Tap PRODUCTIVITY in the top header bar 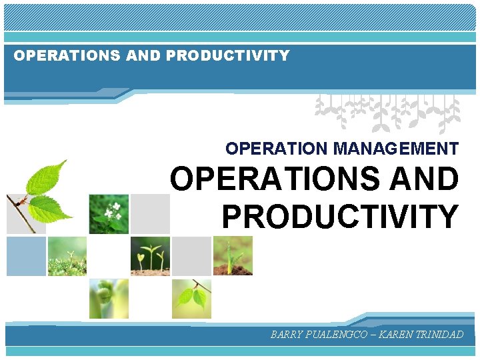tap(228, 56)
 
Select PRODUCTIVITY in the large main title tap(340, 216)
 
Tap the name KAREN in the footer tap(397, 335)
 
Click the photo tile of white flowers tap(109, 214)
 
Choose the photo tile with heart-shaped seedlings tap(150, 256)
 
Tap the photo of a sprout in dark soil tap(233, 256)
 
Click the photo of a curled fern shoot tap(109, 298)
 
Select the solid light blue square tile tap(26, 256)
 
